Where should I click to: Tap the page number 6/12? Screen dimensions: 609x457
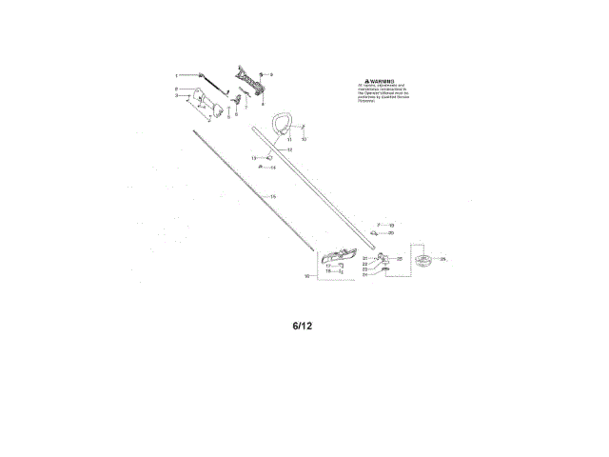(x=303, y=326)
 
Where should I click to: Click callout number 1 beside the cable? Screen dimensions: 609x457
(x=176, y=75)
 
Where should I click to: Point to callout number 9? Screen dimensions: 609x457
(x=271, y=74)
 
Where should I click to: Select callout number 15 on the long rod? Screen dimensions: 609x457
(x=273, y=196)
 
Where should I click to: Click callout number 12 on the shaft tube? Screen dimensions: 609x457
(x=290, y=149)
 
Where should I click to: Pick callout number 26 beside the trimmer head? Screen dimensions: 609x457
(x=443, y=259)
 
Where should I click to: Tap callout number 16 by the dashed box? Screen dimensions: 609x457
(x=307, y=275)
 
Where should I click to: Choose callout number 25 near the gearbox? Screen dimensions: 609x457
(x=400, y=258)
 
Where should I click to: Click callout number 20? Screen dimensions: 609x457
(x=391, y=232)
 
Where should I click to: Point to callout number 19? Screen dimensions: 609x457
(x=391, y=225)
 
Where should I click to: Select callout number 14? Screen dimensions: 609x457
(x=272, y=168)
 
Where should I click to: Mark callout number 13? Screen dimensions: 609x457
(x=254, y=157)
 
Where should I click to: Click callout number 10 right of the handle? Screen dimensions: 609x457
(x=304, y=139)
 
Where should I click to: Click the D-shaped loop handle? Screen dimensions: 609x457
(x=282, y=124)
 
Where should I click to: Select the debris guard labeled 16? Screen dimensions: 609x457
(x=340, y=255)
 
